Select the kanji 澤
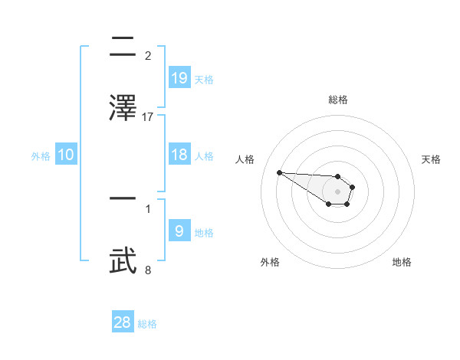click(x=123, y=106)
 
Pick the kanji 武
click(x=123, y=260)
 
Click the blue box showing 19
click(x=179, y=77)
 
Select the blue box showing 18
click(x=179, y=155)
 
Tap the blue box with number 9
click(x=179, y=231)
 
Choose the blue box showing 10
click(x=66, y=155)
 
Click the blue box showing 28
click(x=123, y=322)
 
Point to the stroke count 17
click(x=148, y=116)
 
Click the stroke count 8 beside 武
click(x=148, y=270)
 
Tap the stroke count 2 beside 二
click(x=148, y=56)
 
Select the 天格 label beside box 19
click(x=204, y=79)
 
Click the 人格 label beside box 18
click(x=204, y=156)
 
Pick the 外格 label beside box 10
click(x=41, y=156)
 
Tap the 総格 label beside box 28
click(x=147, y=324)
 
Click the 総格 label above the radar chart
click(x=338, y=100)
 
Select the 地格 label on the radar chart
click(x=402, y=262)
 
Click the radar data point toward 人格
click(x=279, y=172)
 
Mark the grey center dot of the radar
click(x=338, y=191)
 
